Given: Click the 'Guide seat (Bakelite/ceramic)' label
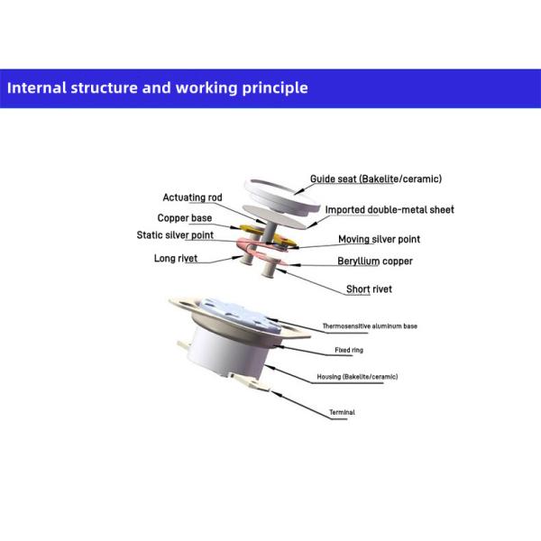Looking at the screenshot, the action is (x=376, y=179).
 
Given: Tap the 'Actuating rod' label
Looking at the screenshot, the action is (x=192, y=197).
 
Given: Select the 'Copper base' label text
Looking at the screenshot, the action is (x=185, y=218).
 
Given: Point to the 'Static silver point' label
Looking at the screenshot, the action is (x=175, y=235).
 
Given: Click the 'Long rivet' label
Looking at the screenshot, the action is (x=176, y=258).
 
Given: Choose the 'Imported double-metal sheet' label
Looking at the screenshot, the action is (x=390, y=210).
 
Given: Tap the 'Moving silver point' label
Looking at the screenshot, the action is (x=380, y=239).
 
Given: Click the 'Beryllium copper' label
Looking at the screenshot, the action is (x=375, y=261).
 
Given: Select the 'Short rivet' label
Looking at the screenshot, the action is (x=369, y=289).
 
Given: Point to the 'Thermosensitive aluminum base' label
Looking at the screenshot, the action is (x=370, y=326).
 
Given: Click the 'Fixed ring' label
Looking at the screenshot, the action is (x=349, y=350).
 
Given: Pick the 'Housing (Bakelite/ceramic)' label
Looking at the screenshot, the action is (x=357, y=377).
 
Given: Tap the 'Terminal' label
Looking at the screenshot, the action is (x=342, y=412).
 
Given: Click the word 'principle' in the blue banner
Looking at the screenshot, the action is (x=275, y=88).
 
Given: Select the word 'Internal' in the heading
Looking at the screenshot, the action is (x=37, y=87).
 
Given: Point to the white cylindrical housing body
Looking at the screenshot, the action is (x=228, y=352).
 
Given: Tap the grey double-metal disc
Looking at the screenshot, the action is (x=274, y=216).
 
